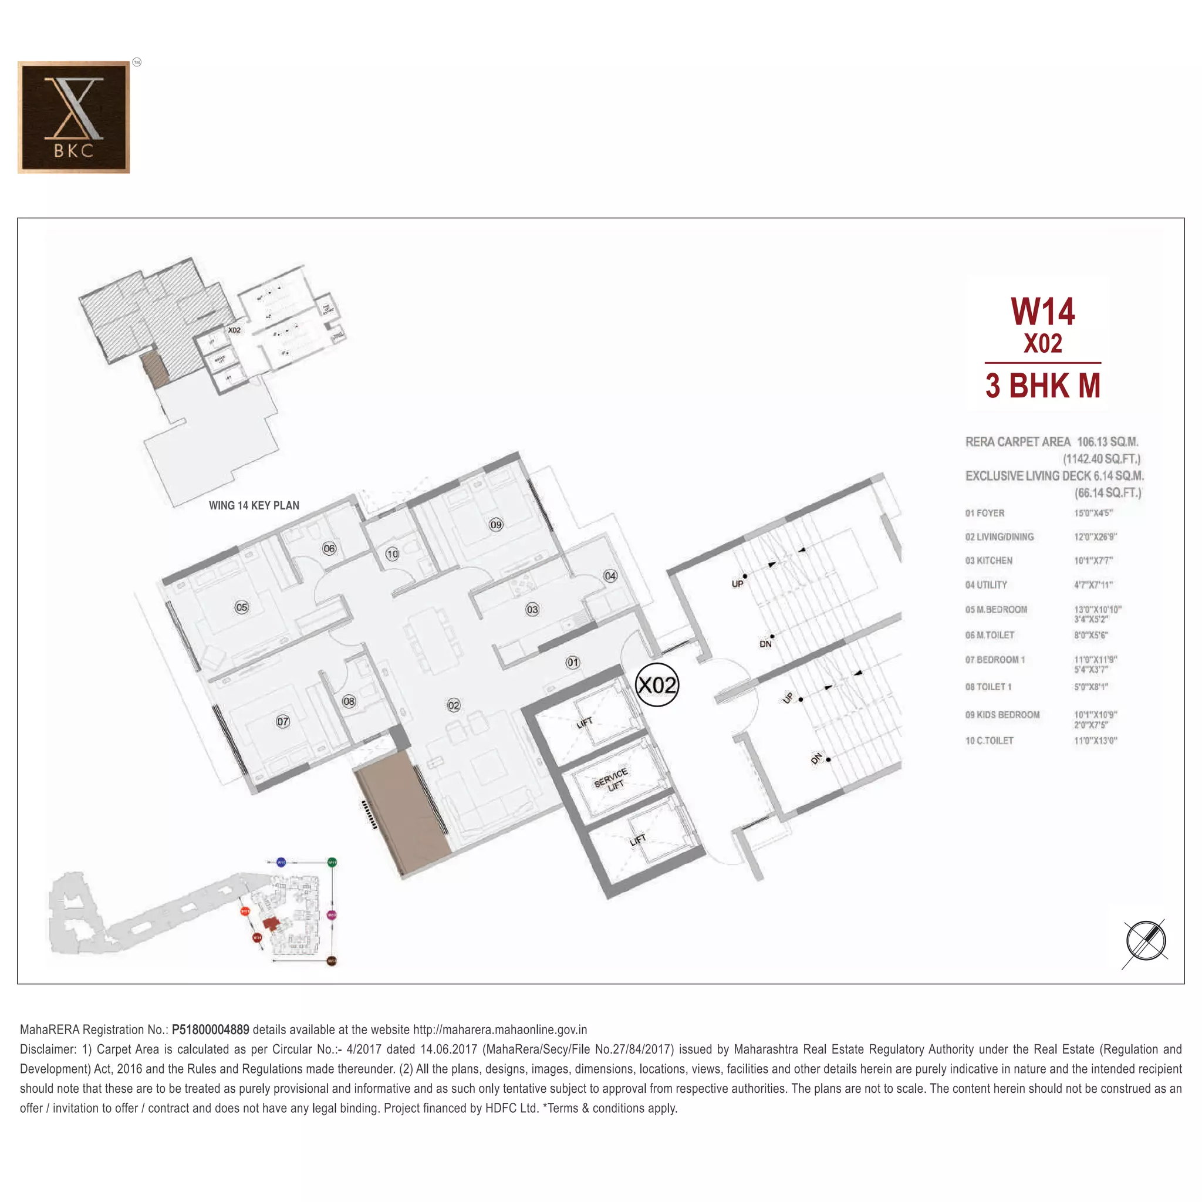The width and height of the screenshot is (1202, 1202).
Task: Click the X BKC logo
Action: [73, 117]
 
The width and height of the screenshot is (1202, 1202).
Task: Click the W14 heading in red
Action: [1042, 312]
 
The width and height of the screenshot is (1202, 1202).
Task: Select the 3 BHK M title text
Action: [1043, 385]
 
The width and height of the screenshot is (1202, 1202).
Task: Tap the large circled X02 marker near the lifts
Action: [657, 685]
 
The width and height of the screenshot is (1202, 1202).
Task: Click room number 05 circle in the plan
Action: [241, 607]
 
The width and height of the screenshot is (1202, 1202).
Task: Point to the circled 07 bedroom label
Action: [282, 721]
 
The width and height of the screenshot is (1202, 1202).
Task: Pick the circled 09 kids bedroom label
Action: [496, 525]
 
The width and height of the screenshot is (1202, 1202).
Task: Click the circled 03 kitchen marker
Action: [532, 609]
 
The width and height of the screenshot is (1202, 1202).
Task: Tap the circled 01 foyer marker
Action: [572, 663]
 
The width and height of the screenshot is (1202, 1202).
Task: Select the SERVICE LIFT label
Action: [611, 779]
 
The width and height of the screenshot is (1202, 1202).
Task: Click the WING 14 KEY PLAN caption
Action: [254, 506]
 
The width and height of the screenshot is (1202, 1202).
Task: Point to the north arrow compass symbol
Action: [1146, 941]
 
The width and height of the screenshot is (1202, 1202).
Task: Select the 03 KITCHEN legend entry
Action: [988, 561]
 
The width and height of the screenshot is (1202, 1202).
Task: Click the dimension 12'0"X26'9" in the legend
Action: [1095, 537]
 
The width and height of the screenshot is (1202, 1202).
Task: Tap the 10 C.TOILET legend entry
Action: [989, 740]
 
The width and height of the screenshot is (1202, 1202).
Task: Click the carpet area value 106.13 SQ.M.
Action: [1108, 442]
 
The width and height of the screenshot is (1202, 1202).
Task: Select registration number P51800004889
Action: [210, 1029]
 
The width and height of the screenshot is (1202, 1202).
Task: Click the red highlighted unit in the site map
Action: [270, 923]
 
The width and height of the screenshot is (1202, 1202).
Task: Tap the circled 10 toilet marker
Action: [392, 553]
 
